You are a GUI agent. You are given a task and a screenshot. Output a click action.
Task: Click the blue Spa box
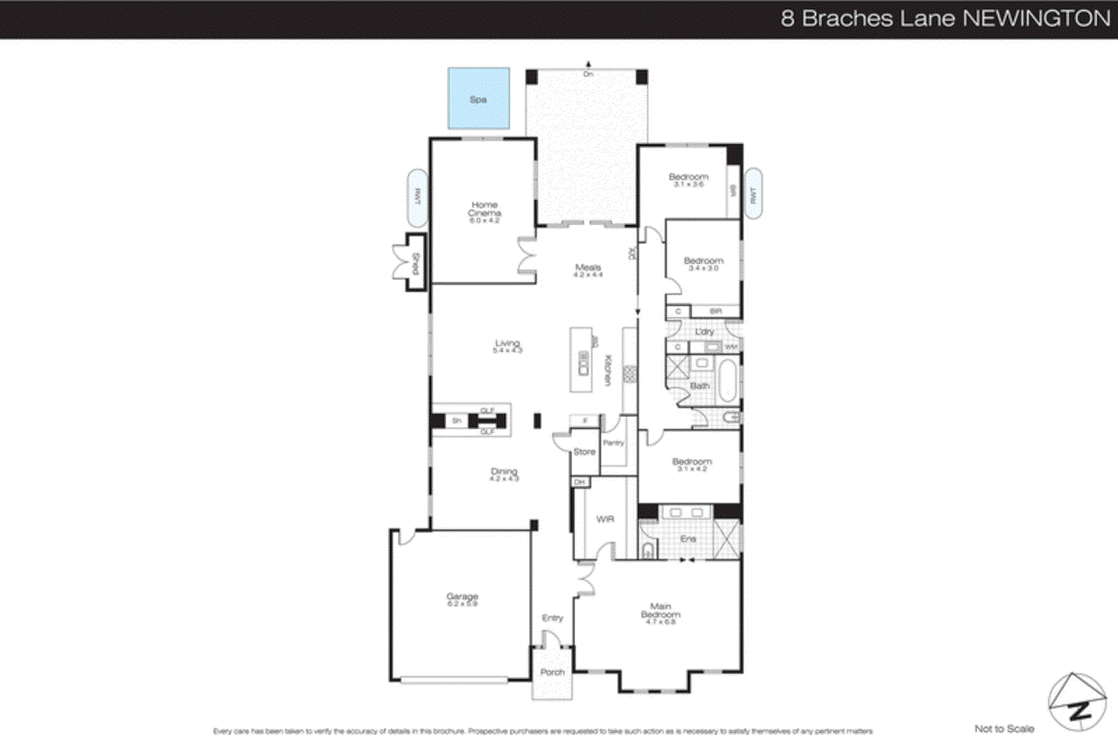[x=479, y=99]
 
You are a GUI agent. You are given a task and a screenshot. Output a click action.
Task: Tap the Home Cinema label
[x=484, y=209]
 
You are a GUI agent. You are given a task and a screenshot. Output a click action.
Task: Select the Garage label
[x=462, y=597]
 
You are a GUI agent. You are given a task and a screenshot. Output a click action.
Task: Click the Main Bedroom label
[x=660, y=611]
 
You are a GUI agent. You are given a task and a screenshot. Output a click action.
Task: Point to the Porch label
[x=552, y=672]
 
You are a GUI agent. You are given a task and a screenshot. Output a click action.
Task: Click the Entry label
[x=552, y=618]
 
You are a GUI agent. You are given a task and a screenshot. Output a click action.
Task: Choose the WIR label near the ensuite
[x=605, y=519]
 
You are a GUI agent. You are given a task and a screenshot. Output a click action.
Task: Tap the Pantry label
[x=613, y=443]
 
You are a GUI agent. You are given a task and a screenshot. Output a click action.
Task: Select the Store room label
[x=584, y=452]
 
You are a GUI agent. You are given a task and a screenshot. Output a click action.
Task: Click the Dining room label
[x=504, y=472]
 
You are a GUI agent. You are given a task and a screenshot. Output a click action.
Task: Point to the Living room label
[x=507, y=344]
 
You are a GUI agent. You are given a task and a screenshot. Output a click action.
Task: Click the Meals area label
[x=588, y=268]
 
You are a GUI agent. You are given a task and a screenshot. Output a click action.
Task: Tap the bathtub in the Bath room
[x=727, y=381]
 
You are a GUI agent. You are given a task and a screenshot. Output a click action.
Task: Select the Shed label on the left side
[x=415, y=264]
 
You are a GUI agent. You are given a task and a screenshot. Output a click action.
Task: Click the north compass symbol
[x=1077, y=703]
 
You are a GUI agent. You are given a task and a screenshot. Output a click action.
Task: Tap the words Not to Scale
[x=1004, y=729]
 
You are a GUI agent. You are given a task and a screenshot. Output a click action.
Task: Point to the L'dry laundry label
[x=704, y=332]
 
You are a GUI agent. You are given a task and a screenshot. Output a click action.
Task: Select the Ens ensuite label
[x=688, y=539]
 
